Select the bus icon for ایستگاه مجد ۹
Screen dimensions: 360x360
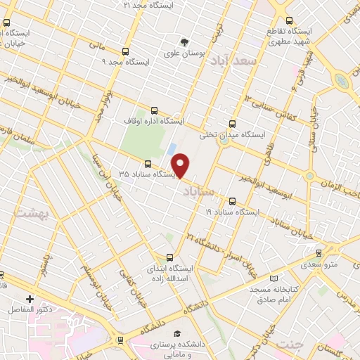pyautogui.click(x=126, y=51)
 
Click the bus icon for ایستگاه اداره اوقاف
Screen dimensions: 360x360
pyautogui.click(x=155, y=110)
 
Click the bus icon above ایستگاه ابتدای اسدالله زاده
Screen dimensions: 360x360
pyautogui.click(x=168, y=257)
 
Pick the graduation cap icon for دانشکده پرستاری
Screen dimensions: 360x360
pyautogui.click(x=177, y=333)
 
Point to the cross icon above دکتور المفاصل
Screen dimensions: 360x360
pyautogui.click(x=29, y=299)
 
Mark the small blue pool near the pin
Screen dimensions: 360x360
pyautogui.click(x=172, y=149)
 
